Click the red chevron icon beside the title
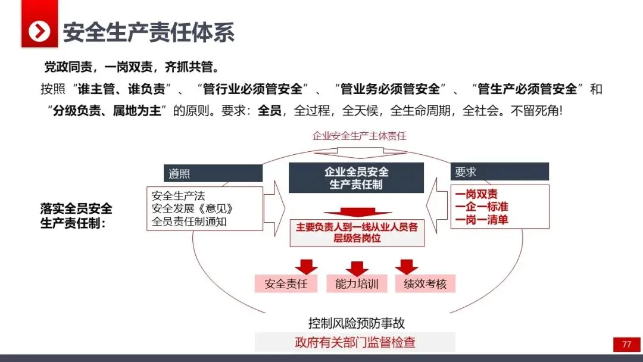pos(40,31)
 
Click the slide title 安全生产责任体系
pos(149,32)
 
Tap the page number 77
pos(626,344)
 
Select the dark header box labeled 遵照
pos(213,173)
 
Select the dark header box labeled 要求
pos(499,172)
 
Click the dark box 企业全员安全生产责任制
pos(356,178)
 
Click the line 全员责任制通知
pos(189,221)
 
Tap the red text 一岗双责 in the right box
pos(476,195)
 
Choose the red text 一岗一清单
pos(481,220)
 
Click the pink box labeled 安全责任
pos(286,283)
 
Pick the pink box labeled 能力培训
pos(357,283)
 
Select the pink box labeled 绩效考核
pos(425,283)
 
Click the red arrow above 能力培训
pos(357,268)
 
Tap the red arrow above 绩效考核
pos(407,266)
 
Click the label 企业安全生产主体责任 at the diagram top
pos(360,136)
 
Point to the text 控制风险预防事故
pos(357,323)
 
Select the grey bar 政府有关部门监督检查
pos(355,342)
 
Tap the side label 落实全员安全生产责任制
pos(76,216)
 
